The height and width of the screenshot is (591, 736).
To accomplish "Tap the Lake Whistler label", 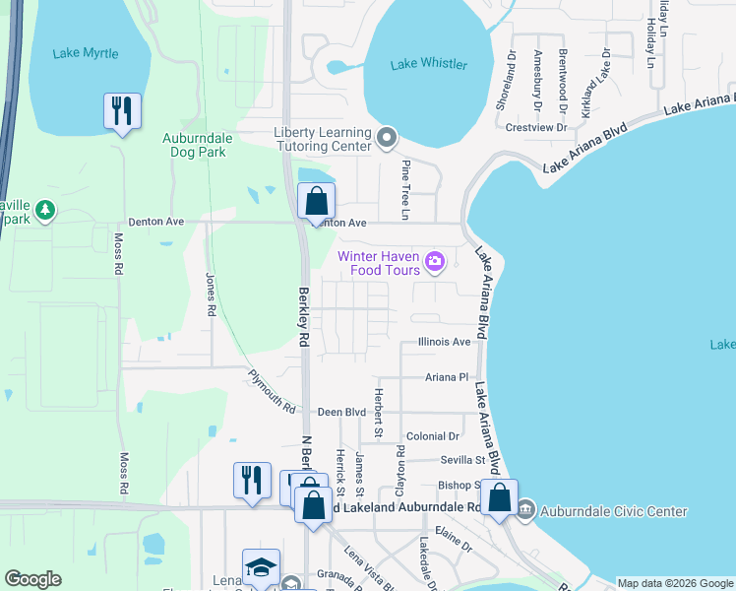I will tap(429, 64).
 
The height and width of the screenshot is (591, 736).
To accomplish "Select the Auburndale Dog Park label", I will tap(194, 145).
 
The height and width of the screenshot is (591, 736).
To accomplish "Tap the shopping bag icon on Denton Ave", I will tap(316, 201).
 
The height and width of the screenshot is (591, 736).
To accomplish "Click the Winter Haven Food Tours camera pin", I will tap(435, 263).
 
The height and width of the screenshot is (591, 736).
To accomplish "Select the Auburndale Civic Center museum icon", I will tap(524, 510).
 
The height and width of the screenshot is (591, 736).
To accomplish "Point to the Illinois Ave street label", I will tap(444, 342).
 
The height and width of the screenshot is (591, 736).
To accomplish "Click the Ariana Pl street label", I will tap(447, 376).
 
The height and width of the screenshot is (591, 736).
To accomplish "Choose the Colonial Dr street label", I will tap(433, 435).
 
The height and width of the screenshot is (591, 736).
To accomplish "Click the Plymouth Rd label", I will tap(272, 390).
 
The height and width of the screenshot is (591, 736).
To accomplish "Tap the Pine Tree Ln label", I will tap(404, 190).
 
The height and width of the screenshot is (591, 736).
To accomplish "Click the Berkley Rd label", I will tap(304, 315).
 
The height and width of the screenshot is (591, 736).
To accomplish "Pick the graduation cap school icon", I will tap(261, 567).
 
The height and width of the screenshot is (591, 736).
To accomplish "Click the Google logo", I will tap(32, 579).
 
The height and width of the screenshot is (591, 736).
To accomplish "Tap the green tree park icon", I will tap(45, 210).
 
